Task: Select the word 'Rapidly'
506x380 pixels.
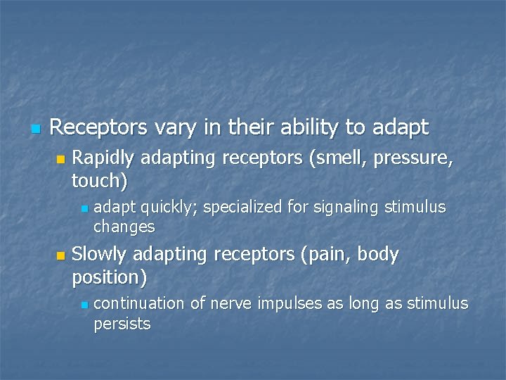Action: pos(105,159)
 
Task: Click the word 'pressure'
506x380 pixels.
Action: pos(414,159)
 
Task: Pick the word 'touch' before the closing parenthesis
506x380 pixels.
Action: pos(96,181)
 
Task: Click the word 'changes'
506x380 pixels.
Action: pos(124,227)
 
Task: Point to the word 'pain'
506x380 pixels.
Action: pos(326,255)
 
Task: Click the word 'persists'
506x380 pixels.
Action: pos(122,324)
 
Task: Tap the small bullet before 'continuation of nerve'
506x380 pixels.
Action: pos(84,305)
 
